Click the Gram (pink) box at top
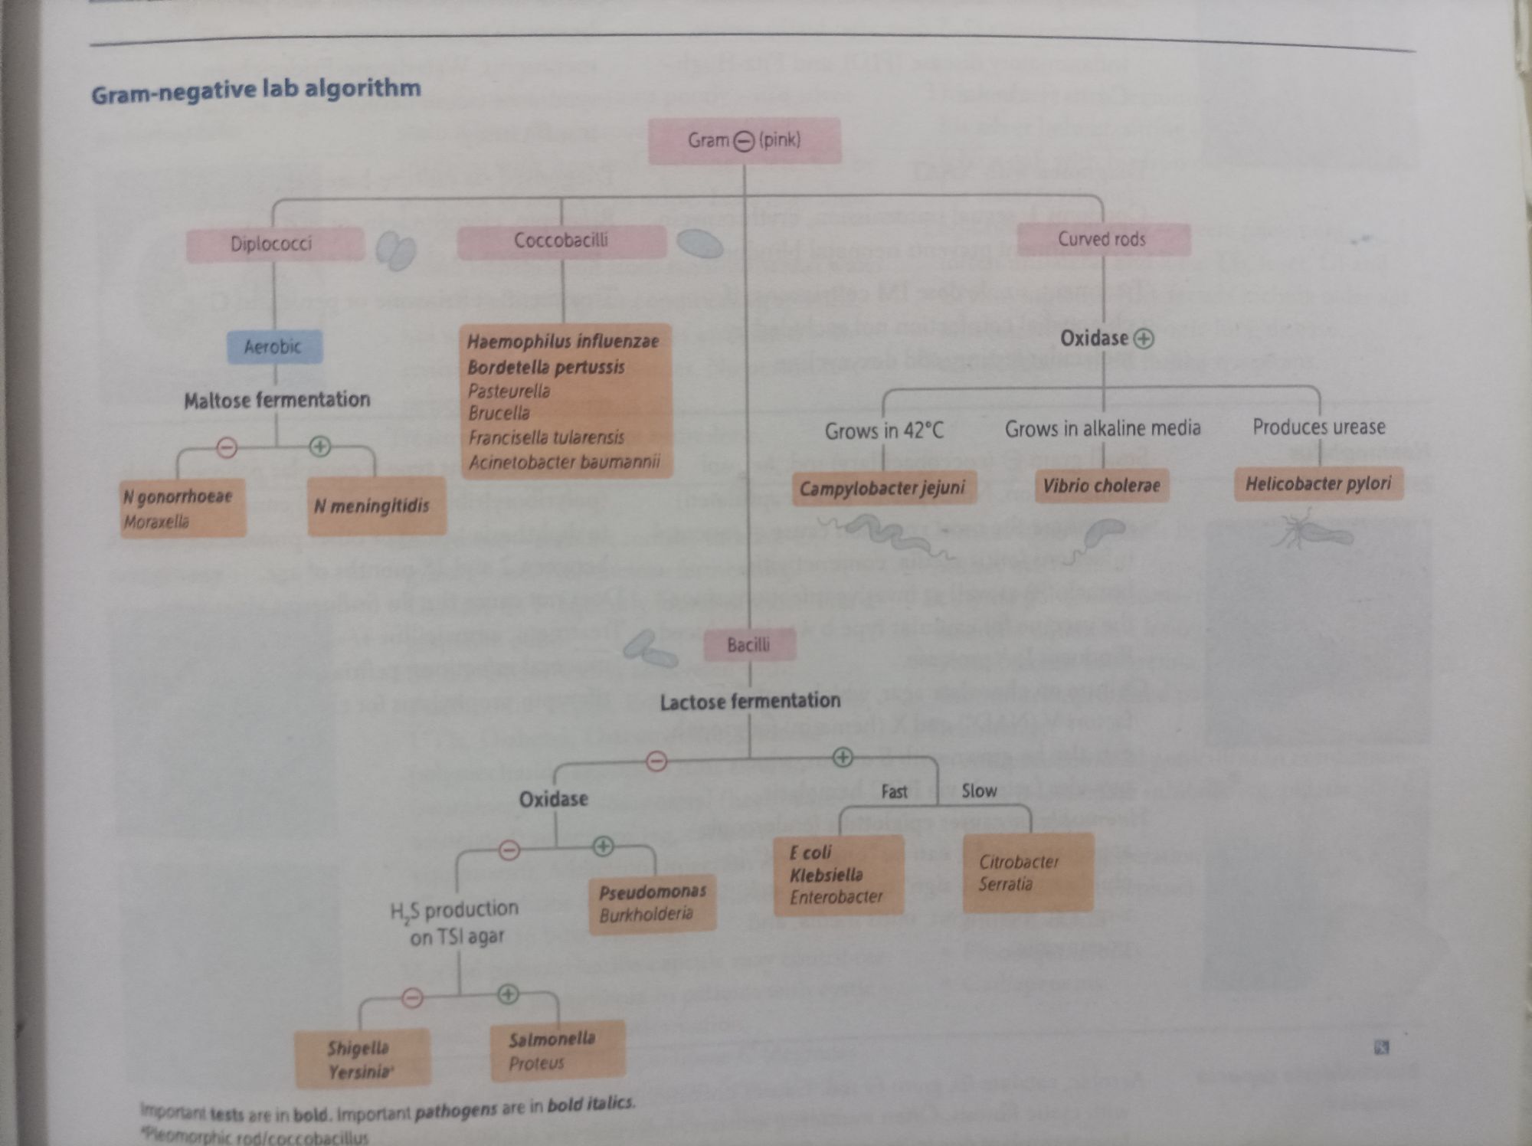pyautogui.click(x=745, y=141)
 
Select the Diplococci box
pyautogui.click(x=273, y=244)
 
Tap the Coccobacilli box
pyautogui.click(x=561, y=241)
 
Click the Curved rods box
pyautogui.click(x=1103, y=240)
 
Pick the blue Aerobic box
pyautogui.click(x=274, y=347)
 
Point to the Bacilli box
pyautogui.click(x=749, y=645)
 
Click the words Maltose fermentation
pyautogui.click(x=277, y=400)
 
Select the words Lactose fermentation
pyautogui.click(x=750, y=701)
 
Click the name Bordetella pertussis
pyautogui.click(x=546, y=367)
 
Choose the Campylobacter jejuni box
pyautogui.click(x=882, y=488)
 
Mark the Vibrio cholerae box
pyautogui.click(x=1102, y=486)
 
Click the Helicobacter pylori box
pyautogui.click(x=1318, y=484)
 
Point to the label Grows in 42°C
pyautogui.click(x=884, y=431)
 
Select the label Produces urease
pyautogui.click(x=1318, y=427)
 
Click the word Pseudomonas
pyautogui.click(x=653, y=892)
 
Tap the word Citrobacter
pyautogui.click(x=1019, y=862)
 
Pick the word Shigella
pyautogui.click(x=358, y=1048)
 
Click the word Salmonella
pyautogui.click(x=552, y=1040)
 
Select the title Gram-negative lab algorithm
pyautogui.click(x=256, y=90)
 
